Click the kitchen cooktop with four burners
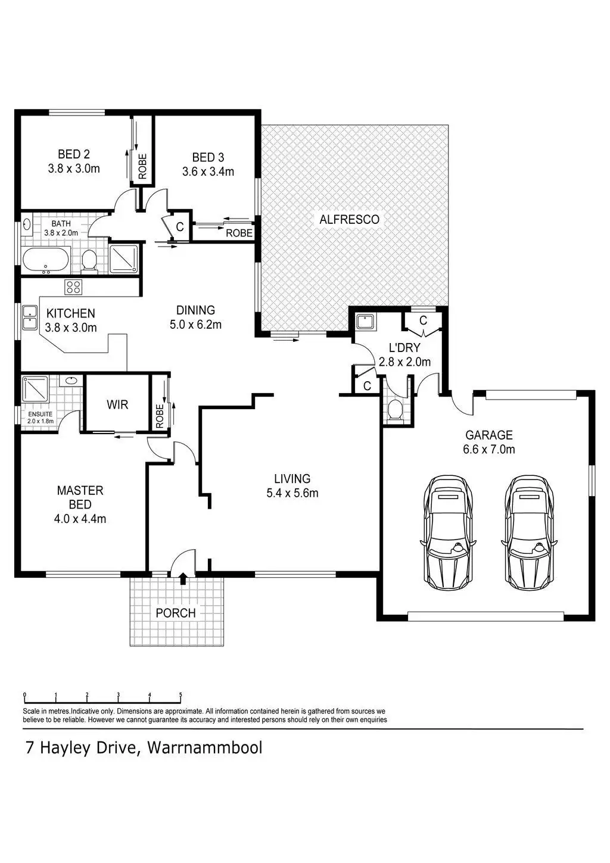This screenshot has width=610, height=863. click(74, 286)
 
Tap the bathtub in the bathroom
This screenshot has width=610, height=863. click(46, 261)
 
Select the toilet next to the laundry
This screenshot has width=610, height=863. click(394, 410)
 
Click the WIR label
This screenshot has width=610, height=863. click(117, 404)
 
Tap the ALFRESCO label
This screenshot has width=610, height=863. click(350, 219)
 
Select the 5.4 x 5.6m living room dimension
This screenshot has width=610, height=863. click(292, 493)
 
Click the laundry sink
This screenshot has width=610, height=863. click(363, 322)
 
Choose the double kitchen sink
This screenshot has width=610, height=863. click(29, 317)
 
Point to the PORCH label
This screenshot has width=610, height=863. click(176, 613)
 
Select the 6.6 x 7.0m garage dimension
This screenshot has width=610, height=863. click(489, 449)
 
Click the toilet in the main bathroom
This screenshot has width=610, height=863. click(89, 261)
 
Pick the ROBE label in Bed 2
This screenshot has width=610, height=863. click(142, 166)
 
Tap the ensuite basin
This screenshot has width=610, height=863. click(71, 381)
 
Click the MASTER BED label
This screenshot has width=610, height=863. click(80, 497)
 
